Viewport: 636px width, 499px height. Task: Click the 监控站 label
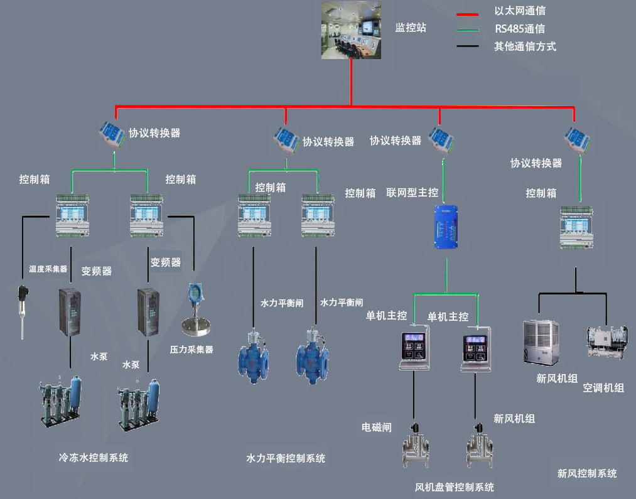(x=411, y=28)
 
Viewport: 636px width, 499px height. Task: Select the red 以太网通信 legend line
(x=469, y=13)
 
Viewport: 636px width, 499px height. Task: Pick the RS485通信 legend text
(x=519, y=29)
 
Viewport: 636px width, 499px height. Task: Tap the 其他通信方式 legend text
(x=525, y=46)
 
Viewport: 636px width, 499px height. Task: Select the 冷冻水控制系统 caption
(x=93, y=458)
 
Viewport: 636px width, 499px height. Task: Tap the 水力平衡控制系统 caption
(x=286, y=459)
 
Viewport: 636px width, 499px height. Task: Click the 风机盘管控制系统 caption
(x=455, y=488)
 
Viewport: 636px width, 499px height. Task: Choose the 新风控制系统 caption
(x=587, y=473)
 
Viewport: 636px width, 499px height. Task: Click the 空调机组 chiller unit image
(x=606, y=342)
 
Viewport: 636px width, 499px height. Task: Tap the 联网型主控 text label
(x=412, y=193)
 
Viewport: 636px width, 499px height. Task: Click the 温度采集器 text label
(x=48, y=269)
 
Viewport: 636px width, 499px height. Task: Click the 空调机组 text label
(x=603, y=388)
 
